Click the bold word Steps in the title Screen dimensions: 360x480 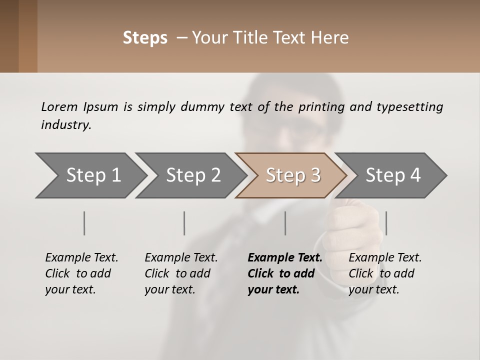[x=145, y=38]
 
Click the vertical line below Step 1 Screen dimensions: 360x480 [x=84, y=223]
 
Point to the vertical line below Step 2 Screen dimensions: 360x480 [x=184, y=223]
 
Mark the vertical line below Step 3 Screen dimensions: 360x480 [x=285, y=223]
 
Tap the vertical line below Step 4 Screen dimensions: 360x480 [x=386, y=223]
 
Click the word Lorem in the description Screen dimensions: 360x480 [x=59, y=106]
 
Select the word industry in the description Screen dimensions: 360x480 [x=65, y=125]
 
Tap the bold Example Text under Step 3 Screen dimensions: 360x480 [x=285, y=257]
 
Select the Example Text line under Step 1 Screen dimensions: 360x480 [x=81, y=257]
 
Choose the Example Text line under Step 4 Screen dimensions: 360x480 [x=385, y=257]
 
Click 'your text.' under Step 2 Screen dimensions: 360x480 [x=170, y=289]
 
